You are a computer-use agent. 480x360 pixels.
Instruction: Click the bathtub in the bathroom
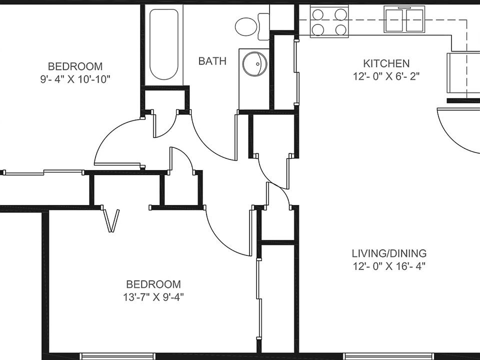tap(164, 44)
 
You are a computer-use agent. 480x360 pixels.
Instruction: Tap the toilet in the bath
tap(250, 26)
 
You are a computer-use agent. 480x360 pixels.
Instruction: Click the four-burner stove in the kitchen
tap(329, 21)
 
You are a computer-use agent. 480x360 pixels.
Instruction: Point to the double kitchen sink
tap(404, 20)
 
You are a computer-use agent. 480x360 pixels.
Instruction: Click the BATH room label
tap(212, 61)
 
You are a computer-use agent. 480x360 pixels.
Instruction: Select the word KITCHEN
tap(386, 63)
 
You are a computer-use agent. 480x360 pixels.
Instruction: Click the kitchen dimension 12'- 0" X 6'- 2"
tap(386, 76)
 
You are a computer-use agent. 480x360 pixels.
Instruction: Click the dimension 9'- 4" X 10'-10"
tap(75, 79)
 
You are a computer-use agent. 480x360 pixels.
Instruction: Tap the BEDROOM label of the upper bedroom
tap(75, 66)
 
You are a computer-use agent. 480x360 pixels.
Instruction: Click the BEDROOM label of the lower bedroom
tap(153, 284)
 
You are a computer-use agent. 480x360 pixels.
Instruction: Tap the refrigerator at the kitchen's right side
tap(462, 72)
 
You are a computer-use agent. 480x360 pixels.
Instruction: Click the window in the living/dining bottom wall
tap(380, 356)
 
